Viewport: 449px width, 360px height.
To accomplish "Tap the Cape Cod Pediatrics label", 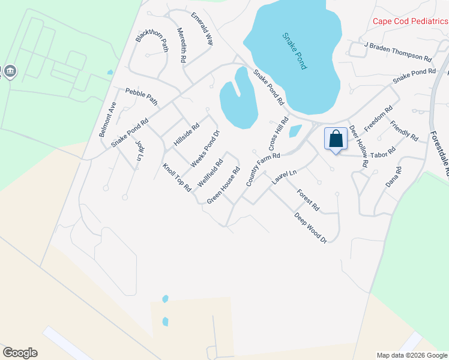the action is click(x=410, y=22).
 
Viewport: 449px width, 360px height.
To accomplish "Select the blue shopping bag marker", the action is click(x=336, y=139).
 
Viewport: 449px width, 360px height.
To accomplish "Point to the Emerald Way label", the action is click(x=202, y=29).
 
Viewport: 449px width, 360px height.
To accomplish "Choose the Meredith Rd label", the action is click(x=182, y=46).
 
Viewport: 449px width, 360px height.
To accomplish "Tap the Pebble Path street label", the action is click(x=142, y=97).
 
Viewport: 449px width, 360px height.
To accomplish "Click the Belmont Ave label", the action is click(x=108, y=119).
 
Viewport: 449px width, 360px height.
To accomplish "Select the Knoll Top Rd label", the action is click(x=176, y=177).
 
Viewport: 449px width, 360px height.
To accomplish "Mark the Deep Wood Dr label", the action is click(x=310, y=227).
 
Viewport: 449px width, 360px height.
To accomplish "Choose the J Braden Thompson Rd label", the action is click(x=398, y=52).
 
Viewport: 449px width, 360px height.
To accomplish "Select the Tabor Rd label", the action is click(x=384, y=154).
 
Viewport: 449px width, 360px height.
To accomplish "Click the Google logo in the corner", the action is click(x=20, y=353).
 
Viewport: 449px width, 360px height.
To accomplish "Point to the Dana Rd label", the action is click(x=393, y=177).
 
